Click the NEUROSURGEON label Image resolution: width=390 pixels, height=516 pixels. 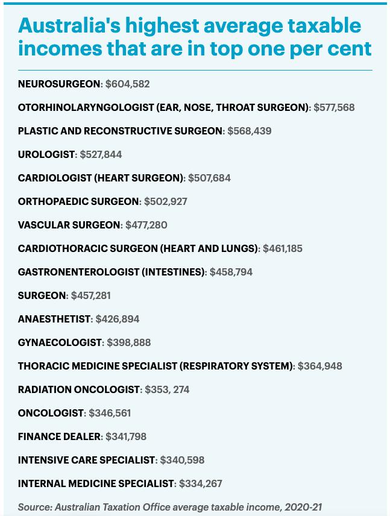60,84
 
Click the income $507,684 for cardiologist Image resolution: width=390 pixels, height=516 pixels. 209,178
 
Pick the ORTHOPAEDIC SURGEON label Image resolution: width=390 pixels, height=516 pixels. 78,201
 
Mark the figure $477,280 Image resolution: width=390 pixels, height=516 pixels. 146,225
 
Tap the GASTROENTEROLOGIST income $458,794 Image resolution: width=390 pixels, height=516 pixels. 231,272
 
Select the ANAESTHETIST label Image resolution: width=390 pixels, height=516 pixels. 54,319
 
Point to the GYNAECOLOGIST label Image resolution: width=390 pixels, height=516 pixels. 60,342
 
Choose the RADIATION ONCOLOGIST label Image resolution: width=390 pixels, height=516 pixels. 79,389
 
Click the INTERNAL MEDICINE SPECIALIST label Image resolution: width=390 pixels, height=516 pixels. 96,483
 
